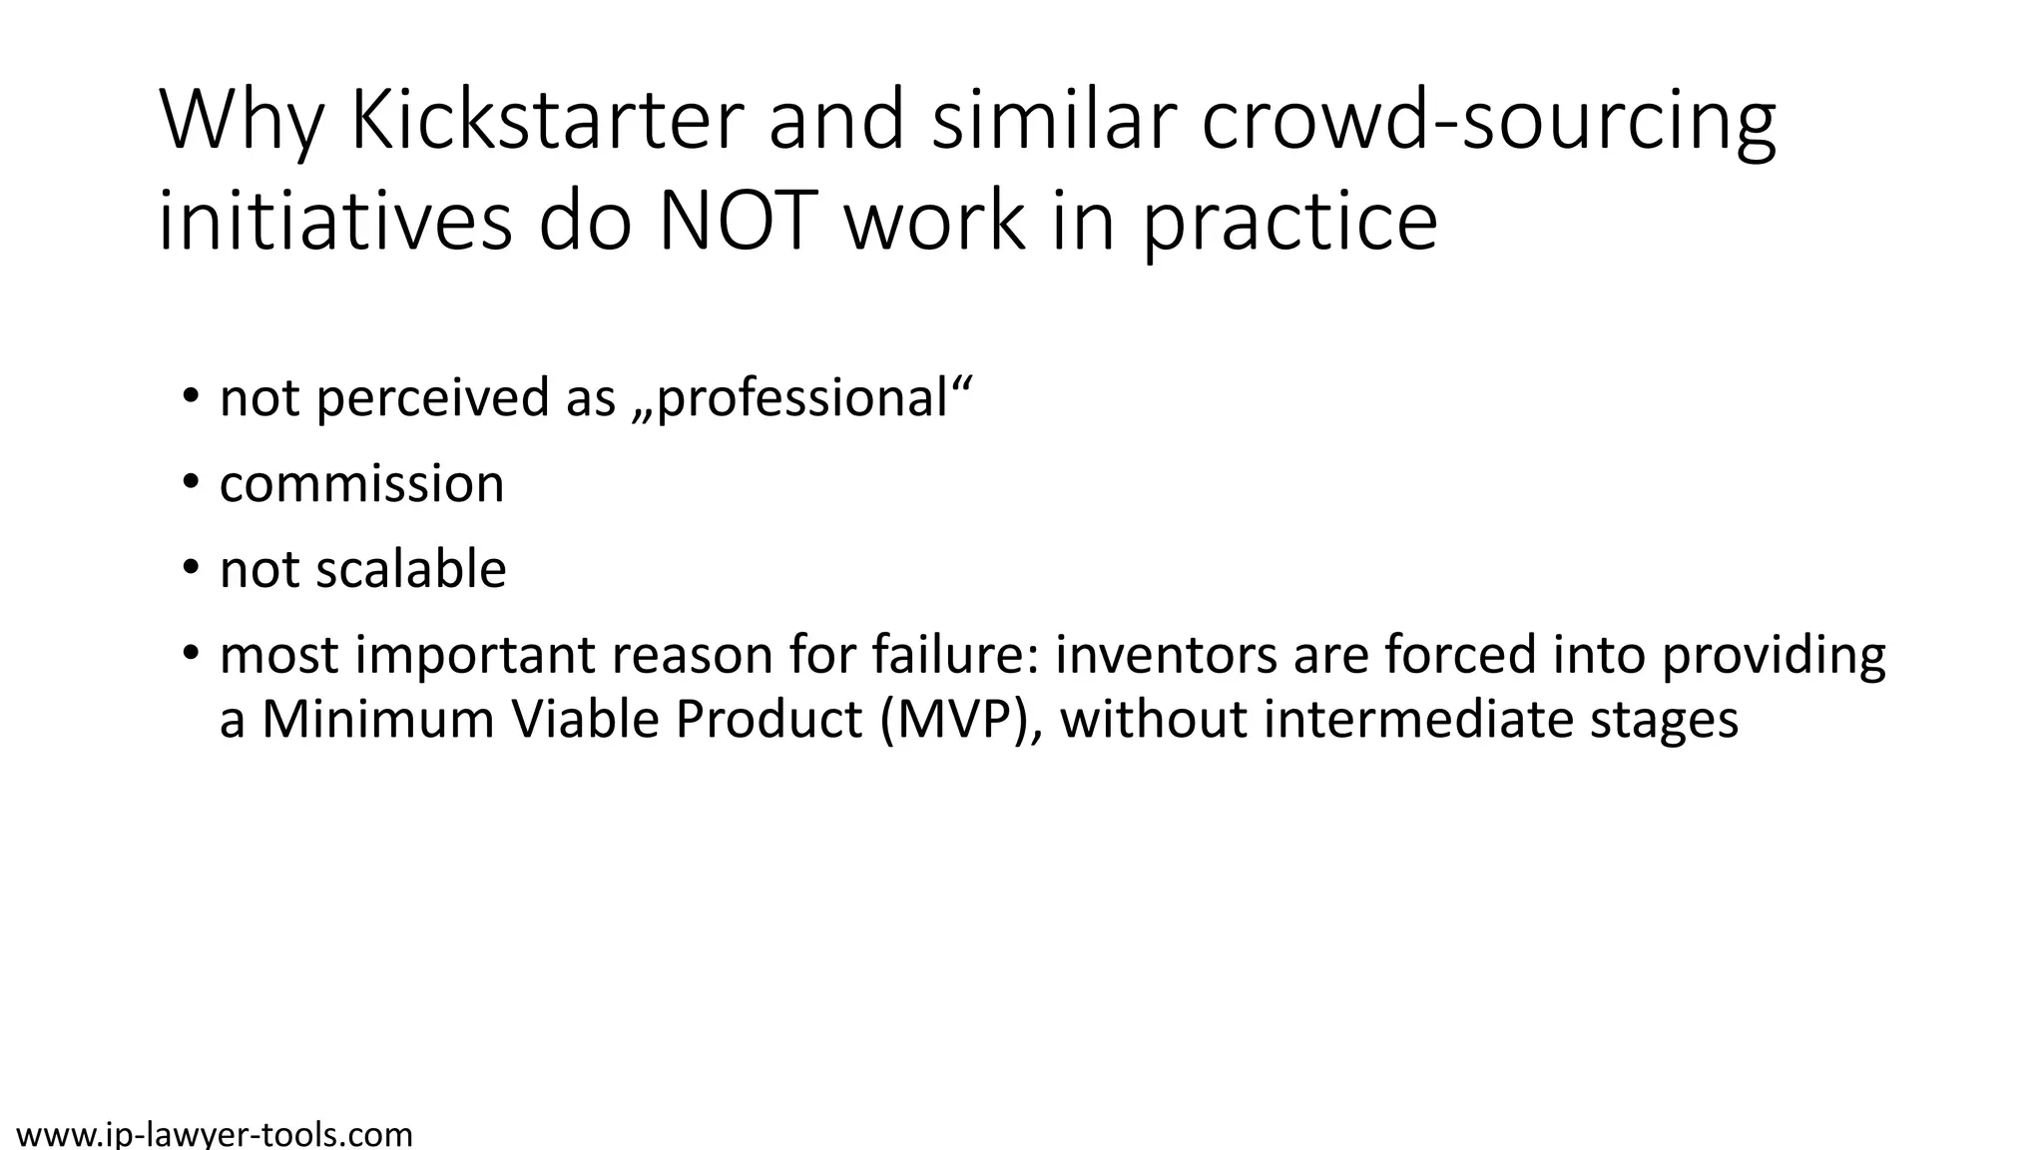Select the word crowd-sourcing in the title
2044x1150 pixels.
tap(1488, 121)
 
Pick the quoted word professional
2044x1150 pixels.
tap(801, 397)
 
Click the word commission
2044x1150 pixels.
tap(361, 484)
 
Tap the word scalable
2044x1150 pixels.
tap(411, 569)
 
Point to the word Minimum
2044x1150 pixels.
tap(378, 719)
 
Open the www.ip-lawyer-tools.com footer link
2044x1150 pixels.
tap(215, 1135)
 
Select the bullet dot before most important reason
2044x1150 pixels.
tap(191, 654)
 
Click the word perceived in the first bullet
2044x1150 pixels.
tap(432, 397)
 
